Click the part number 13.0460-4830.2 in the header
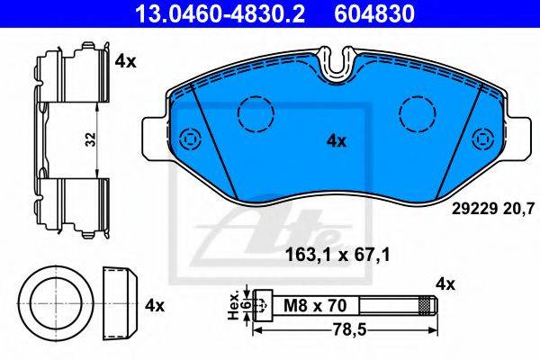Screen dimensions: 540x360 [x=220, y=13]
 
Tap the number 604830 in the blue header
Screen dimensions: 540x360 [x=374, y=13]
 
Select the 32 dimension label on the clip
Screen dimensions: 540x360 [x=91, y=139]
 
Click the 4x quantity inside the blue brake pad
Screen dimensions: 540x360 [x=336, y=141]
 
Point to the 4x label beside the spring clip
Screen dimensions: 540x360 [x=126, y=62]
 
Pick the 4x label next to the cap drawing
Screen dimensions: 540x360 [x=155, y=306]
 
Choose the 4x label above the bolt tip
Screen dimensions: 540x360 [x=445, y=284]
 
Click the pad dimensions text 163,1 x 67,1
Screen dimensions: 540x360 [x=337, y=256]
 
